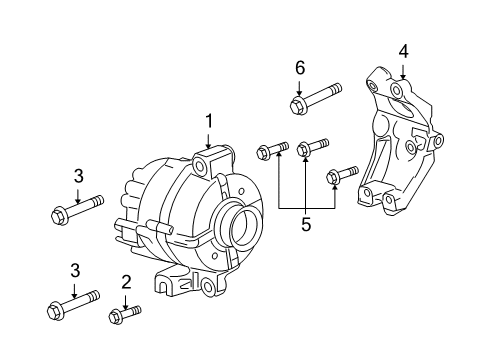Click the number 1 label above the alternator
(x=209, y=122)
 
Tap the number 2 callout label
(x=126, y=282)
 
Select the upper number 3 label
(x=77, y=177)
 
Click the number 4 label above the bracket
(x=403, y=50)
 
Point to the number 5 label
(x=306, y=225)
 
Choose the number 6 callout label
(x=298, y=68)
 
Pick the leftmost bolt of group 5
(x=271, y=151)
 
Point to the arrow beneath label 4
(x=403, y=70)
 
